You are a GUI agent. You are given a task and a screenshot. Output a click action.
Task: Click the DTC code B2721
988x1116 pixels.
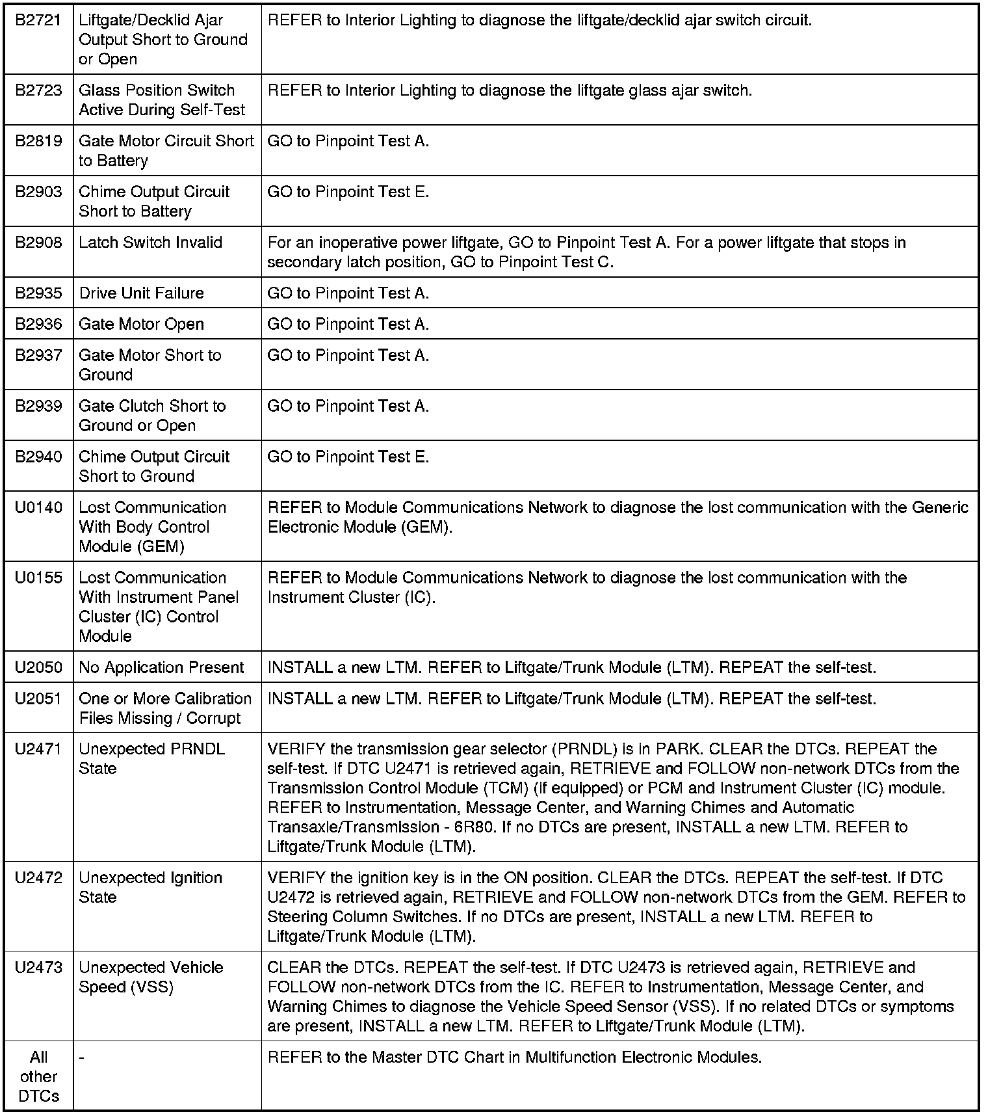38,20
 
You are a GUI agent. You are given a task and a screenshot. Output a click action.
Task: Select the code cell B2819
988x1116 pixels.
38,141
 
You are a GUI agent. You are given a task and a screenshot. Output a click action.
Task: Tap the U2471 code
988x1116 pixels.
38,749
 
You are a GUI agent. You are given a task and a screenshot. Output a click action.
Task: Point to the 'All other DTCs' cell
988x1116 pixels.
38,1077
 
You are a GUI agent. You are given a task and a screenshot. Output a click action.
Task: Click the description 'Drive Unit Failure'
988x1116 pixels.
141,293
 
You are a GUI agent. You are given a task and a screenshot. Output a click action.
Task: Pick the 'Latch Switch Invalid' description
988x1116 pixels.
150,243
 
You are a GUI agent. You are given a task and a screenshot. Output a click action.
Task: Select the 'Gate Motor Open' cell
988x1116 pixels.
141,325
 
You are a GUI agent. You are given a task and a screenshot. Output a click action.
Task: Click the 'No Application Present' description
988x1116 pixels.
161,668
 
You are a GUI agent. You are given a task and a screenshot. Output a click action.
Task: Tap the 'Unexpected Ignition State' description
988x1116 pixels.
150,888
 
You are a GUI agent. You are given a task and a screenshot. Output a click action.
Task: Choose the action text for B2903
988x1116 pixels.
348,192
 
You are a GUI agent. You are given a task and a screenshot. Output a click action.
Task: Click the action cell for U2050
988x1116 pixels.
571,668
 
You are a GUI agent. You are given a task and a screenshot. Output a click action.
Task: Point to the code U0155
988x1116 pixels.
38,578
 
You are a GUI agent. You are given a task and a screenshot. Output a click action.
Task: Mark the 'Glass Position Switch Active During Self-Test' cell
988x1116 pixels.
161,100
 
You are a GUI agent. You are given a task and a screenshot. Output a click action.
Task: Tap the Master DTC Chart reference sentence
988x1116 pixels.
514,1057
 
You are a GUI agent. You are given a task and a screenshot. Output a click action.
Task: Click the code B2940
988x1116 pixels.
38,457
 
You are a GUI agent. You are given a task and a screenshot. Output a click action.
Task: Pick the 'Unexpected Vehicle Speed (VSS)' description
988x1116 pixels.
151,977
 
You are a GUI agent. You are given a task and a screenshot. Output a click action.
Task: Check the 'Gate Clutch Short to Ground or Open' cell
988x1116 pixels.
152,416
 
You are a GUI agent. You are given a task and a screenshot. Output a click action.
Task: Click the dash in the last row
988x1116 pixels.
81,1057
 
